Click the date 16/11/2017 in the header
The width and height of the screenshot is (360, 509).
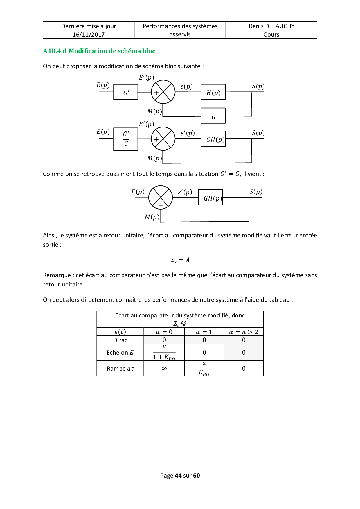point(89,35)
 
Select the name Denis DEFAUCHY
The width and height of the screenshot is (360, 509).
point(271,26)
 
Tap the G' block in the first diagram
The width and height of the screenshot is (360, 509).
point(126,92)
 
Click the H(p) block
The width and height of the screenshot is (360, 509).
point(213,92)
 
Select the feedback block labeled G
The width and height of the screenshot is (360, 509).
point(213,116)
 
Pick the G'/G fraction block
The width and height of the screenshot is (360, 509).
point(126,139)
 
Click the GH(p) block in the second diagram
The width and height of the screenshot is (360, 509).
point(213,139)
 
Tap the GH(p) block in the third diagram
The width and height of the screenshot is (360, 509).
point(210,198)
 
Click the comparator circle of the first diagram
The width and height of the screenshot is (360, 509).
point(163,92)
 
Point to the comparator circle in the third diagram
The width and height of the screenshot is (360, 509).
point(161,198)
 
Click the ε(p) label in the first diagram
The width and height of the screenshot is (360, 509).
point(186,86)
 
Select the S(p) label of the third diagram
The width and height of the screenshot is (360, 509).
point(256,192)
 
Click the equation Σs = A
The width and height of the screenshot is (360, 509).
point(180,260)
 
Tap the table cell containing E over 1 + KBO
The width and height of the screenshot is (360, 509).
point(164,353)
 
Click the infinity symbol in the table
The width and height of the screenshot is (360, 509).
point(164,369)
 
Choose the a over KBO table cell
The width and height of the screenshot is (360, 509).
point(204,369)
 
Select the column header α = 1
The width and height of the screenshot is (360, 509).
point(204,332)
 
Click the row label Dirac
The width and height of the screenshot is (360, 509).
point(120,340)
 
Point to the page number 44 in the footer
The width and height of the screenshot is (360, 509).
point(178,476)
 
